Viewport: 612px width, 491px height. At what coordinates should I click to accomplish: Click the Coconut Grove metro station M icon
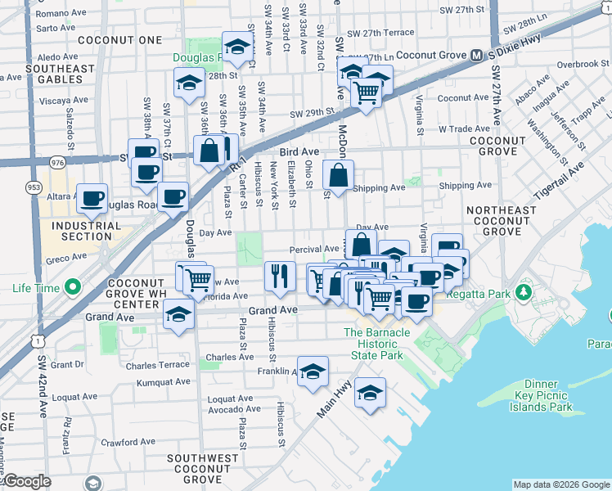[475, 56]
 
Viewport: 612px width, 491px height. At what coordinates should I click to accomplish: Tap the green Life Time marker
[74, 287]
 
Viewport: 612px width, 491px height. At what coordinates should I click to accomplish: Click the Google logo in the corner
[28, 481]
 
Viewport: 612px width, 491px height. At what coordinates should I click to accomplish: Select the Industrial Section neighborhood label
[81, 230]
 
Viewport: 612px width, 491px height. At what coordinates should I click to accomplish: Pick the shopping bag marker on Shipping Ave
[338, 174]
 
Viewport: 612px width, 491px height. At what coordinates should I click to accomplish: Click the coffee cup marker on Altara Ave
[92, 197]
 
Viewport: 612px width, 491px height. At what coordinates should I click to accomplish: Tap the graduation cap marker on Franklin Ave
[313, 372]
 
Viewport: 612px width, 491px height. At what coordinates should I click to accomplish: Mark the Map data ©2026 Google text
[560, 484]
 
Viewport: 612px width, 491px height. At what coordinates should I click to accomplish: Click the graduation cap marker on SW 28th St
[189, 83]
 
